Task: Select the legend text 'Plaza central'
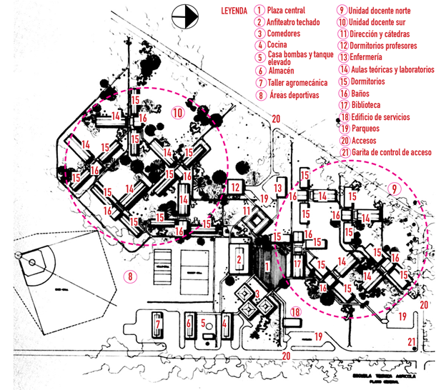click(285, 11)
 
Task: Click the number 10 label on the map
click(178, 112)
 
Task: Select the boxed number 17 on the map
click(297, 264)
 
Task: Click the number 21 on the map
click(412, 341)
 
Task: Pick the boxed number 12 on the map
click(234, 187)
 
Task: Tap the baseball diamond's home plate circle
click(32, 263)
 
